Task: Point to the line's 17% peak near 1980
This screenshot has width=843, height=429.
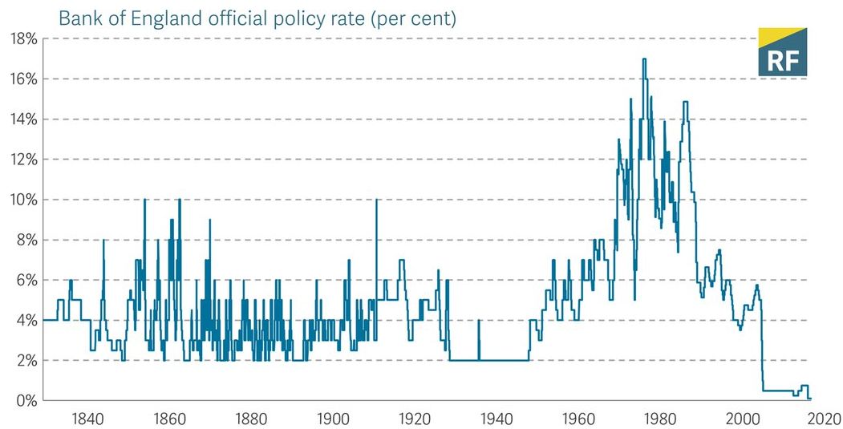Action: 644,59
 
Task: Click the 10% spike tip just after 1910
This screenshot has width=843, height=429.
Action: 376,200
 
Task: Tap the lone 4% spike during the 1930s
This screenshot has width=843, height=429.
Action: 479,321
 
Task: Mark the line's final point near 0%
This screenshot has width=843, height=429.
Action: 811,399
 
